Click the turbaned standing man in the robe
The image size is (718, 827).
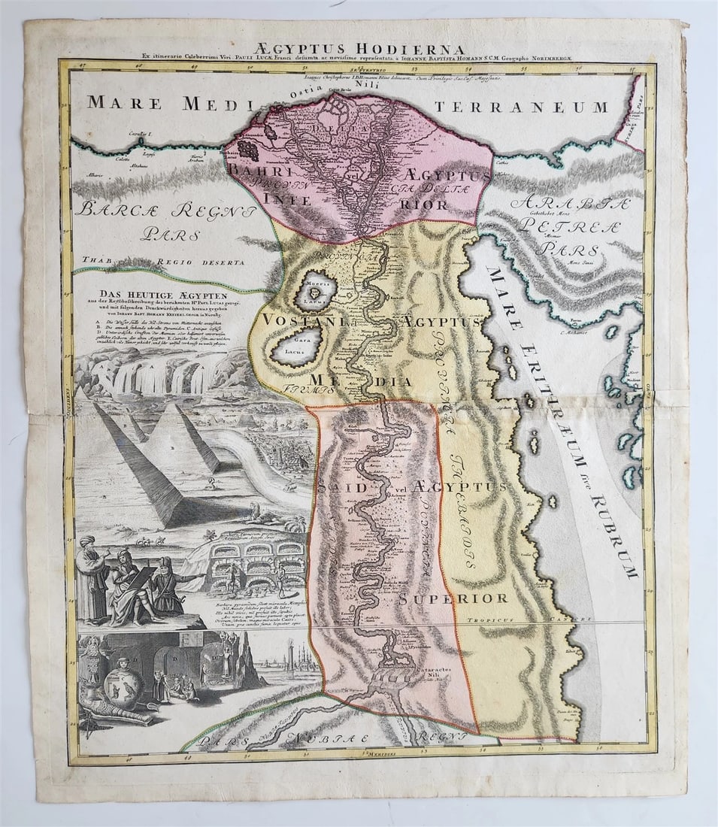92,579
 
